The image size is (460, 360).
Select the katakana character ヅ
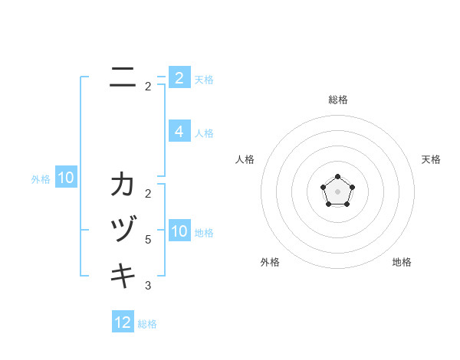[123, 230]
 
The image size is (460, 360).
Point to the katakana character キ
[123, 274]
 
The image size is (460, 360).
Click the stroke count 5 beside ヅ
[148, 240]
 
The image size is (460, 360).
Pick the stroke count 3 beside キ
[148, 286]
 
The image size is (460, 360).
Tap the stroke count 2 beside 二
[148, 87]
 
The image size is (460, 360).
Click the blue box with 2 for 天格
[179, 78]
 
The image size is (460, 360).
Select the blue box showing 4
[179, 132]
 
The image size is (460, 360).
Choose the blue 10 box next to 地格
[179, 231]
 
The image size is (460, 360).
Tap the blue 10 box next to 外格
[66, 178]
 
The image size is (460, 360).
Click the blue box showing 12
[123, 322]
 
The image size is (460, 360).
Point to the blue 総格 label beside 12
[147, 324]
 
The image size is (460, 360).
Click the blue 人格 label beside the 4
[204, 133]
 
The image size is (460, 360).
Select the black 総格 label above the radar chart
[338, 100]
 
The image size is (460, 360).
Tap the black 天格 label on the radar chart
[431, 159]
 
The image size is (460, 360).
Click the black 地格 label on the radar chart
[402, 262]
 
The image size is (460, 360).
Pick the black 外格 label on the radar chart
[270, 262]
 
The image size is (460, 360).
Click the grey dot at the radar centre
[338, 191]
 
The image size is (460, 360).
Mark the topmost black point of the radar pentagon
[338, 177]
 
